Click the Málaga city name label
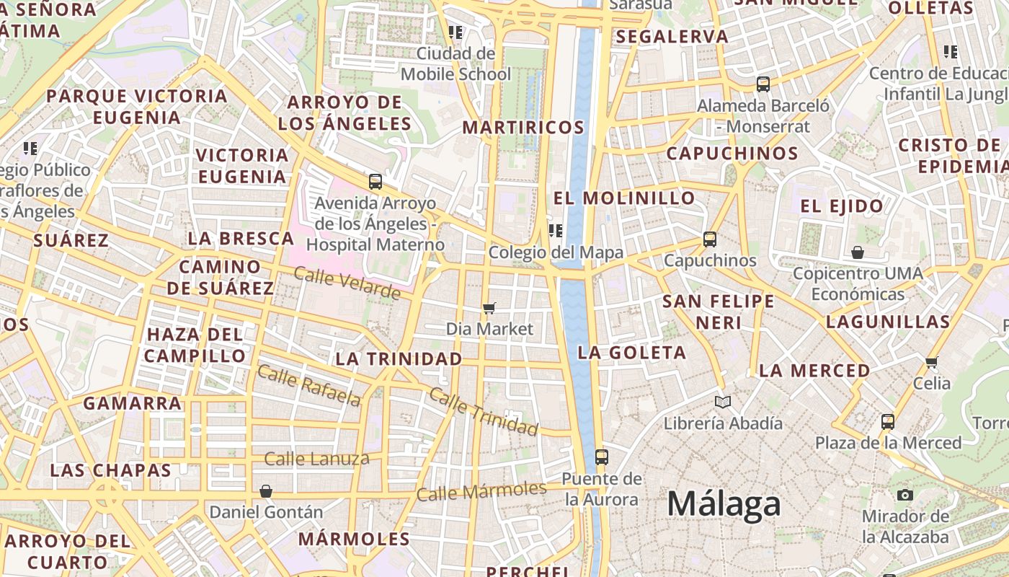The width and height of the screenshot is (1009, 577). pos(724,504)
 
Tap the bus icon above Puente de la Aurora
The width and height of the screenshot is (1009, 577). pos(601,457)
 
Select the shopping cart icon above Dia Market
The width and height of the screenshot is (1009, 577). pos(489,309)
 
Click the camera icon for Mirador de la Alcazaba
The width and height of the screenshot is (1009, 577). pos(905,495)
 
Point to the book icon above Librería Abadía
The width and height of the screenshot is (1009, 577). pos(723,402)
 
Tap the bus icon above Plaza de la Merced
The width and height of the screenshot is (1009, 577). pos(888,422)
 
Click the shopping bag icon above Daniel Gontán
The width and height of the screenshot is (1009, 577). pos(266,491)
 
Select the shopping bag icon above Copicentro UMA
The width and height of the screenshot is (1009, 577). pos(858,252)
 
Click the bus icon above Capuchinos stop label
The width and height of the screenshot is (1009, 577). pos(710,239)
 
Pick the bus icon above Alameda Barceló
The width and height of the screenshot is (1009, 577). pos(763,84)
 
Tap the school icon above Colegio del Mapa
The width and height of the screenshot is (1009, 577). pos(555,231)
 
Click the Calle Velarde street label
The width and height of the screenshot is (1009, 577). pos(347,283)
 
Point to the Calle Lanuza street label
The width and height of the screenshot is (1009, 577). pos(316,459)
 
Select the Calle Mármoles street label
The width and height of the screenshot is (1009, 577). pos(481,491)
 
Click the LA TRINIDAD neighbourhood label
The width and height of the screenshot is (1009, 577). pos(399,358)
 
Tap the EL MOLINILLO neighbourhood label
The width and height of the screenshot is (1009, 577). pos(624,198)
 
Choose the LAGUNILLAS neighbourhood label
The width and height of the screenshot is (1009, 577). pos(888,322)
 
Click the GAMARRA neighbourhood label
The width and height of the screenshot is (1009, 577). pos(132,403)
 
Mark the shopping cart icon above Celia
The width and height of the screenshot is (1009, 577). pos(932,362)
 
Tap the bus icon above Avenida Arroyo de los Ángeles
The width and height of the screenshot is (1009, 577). pos(375,182)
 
